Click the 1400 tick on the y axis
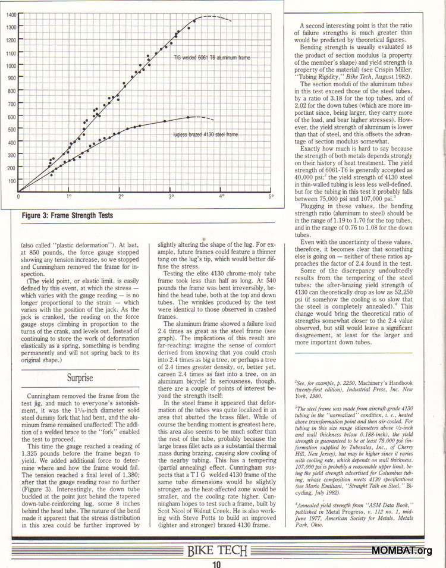pos(11,14)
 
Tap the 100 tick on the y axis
pos(12,180)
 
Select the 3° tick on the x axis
pos(171,196)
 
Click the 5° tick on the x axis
pos(271,196)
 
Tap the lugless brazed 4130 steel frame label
pos(205,135)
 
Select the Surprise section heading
pos(80,377)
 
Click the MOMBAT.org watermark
pos(402,550)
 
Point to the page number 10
pos(216,564)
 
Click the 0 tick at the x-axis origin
pos(18,196)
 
